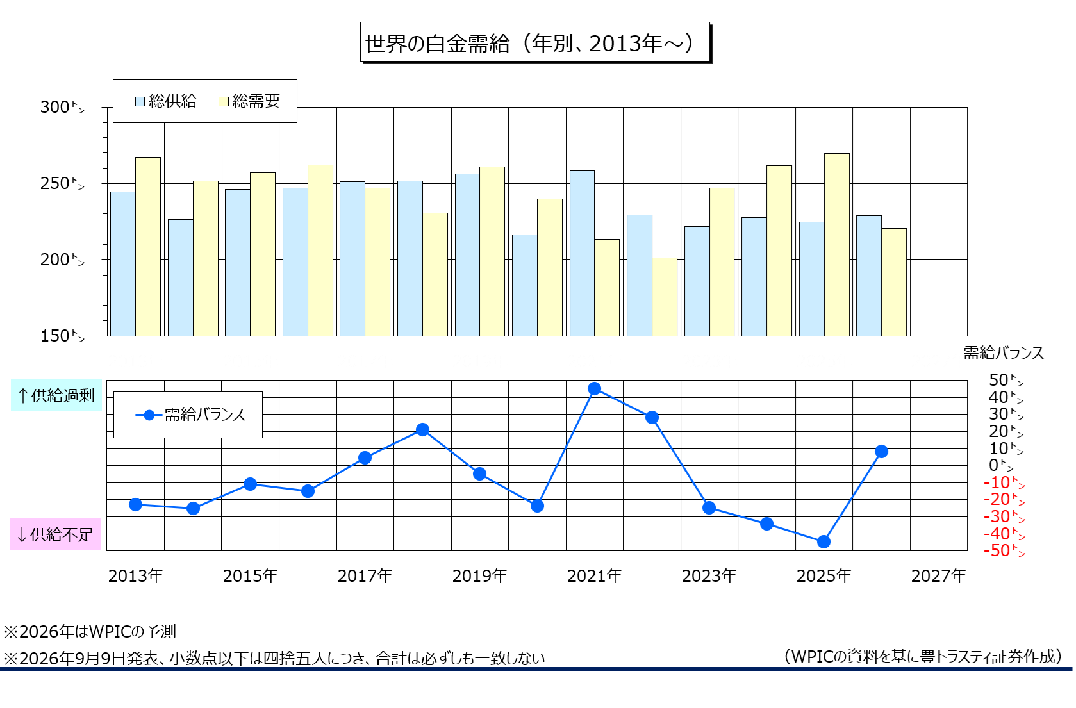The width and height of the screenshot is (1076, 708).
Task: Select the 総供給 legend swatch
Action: tap(140, 101)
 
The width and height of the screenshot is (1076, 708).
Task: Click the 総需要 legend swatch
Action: tap(224, 101)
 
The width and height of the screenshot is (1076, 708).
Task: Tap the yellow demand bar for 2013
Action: tap(148, 247)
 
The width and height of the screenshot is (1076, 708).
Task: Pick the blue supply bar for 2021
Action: tap(582, 253)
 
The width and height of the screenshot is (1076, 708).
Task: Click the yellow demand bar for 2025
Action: tap(837, 245)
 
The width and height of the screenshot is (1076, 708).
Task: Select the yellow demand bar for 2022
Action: tap(665, 297)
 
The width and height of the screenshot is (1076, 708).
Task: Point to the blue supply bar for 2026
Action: tap(869, 276)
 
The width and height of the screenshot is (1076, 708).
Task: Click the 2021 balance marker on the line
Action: tap(594, 388)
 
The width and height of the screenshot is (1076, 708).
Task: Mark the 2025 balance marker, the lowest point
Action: tap(824, 542)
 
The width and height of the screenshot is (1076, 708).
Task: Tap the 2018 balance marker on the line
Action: tap(422, 429)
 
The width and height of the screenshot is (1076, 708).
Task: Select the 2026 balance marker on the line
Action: tap(881, 452)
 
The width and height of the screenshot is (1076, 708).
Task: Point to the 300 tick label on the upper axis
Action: tap(62, 106)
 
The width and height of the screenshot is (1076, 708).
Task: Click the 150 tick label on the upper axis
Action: tap(62, 335)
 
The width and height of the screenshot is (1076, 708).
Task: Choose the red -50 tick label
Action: tap(1004, 550)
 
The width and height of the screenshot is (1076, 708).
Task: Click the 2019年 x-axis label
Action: tap(479, 576)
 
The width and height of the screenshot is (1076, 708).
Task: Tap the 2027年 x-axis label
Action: tap(939, 576)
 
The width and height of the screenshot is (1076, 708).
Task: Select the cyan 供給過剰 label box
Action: tap(56, 395)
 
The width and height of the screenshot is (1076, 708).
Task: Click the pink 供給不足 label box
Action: tap(55, 534)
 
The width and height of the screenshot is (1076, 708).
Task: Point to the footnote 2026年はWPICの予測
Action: tap(90, 631)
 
